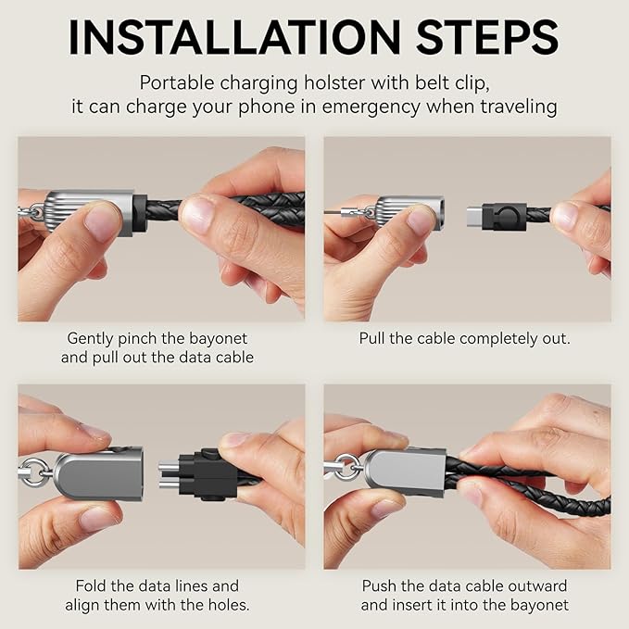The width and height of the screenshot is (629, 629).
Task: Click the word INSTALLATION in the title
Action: (235, 37)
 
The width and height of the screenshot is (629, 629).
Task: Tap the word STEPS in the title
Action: (488, 37)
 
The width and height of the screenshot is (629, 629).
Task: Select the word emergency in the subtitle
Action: (371, 107)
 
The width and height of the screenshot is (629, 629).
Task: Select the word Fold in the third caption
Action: (92, 586)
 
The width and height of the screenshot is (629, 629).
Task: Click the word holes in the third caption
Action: (228, 605)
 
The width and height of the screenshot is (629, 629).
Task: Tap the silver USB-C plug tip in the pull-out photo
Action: (475, 216)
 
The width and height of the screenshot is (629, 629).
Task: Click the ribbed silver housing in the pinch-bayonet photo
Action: (89, 213)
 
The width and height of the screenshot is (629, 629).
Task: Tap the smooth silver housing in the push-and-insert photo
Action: (406, 470)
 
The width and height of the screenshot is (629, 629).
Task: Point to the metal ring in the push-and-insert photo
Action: (346, 467)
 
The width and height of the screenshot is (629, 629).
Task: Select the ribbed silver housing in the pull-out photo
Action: (410, 212)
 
